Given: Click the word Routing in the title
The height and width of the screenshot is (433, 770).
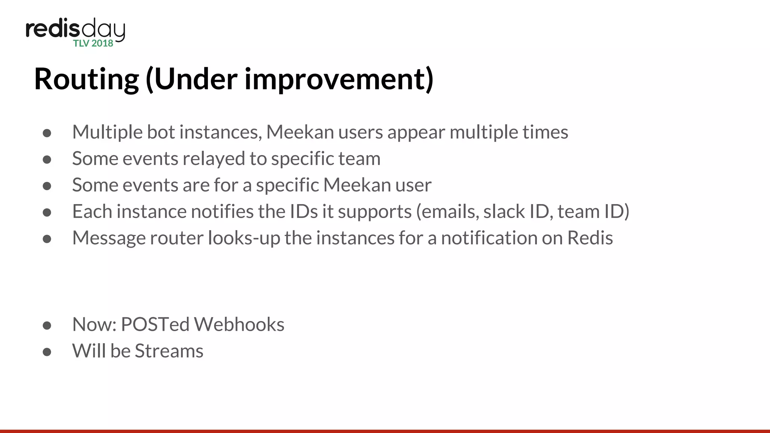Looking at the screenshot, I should pyautogui.click(x=86, y=80).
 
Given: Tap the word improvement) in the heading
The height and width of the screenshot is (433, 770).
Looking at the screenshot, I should pyautogui.click(x=339, y=80).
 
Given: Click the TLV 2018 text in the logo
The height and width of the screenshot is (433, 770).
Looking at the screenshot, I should pyautogui.click(x=93, y=44).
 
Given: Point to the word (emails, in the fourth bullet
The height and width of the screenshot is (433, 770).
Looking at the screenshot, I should pyautogui.click(x=447, y=212).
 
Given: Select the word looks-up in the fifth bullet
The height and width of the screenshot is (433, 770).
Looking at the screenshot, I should pyautogui.click(x=244, y=238).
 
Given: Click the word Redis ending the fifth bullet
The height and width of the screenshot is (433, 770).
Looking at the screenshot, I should pyautogui.click(x=590, y=238).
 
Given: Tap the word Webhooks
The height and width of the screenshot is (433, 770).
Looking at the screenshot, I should pyautogui.click(x=239, y=324).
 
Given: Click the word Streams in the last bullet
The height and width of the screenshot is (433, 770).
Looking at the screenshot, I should pyautogui.click(x=169, y=351).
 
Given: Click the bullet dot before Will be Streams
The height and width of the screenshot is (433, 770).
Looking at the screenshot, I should pyautogui.click(x=47, y=352).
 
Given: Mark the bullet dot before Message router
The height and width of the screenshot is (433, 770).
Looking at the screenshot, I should pyautogui.click(x=47, y=239).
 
